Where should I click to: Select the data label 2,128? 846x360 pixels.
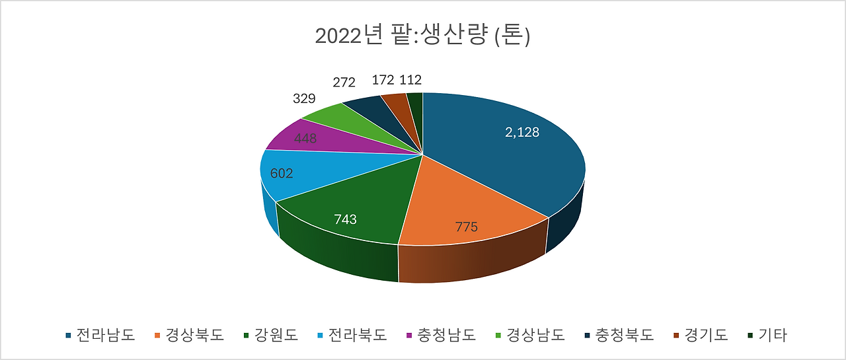click(522, 132)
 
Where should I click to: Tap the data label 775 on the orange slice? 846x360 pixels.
click(467, 227)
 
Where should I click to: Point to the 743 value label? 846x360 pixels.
click(345, 219)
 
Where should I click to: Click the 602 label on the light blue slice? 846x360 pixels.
click(281, 173)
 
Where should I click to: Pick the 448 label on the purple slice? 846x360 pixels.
click(305, 139)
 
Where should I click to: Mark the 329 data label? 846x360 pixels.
click(304, 99)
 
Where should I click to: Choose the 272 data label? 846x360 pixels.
click(344, 83)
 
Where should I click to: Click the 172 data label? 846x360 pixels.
click(383, 80)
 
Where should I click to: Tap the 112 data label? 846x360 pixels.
click(410, 80)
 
